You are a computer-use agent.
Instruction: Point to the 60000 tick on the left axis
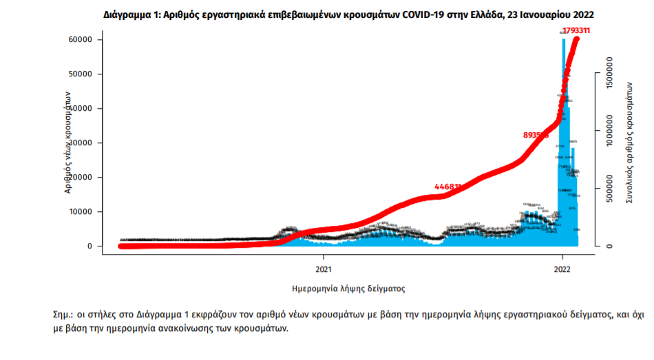79,40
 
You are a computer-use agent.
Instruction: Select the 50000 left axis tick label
79,74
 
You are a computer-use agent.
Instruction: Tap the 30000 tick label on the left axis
79,143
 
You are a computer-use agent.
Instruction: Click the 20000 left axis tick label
79,178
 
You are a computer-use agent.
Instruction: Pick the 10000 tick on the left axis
79,212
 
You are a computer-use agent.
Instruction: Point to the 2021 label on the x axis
324,269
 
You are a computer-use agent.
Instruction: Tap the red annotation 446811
448,187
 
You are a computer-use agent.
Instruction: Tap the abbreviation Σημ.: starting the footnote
65,315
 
